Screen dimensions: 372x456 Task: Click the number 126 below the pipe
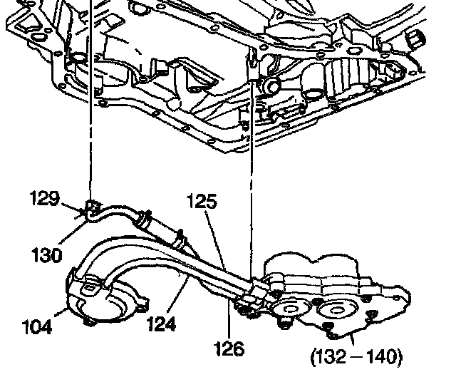point(229,348)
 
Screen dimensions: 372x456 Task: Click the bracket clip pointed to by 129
point(92,210)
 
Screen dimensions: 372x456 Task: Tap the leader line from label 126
point(236,321)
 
